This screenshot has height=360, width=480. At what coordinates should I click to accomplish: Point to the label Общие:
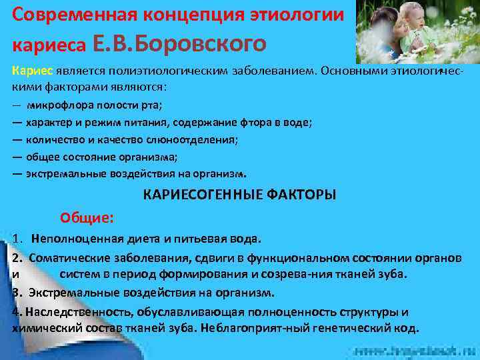[87, 217]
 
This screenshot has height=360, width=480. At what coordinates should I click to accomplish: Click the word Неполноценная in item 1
[75, 239]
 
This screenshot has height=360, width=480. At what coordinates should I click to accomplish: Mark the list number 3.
[15, 292]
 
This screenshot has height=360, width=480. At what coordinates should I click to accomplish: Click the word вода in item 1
[243, 239]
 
